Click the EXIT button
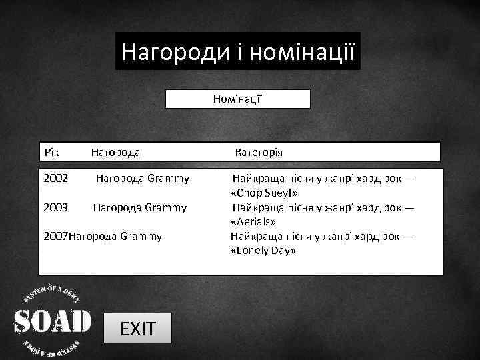pyautogui.click(x=137, y=328)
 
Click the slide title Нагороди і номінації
pyautogui.click(x=237, y=51)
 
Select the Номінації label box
pyautogui.click(x=238, y=99)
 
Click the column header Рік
pyautogui.click(x=52, y=152)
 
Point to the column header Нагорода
pyautogui.click(x=115, y=152)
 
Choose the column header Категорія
pyautogui.click(x=259, y=152)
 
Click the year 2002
pyautogui.click(x=55, y=179)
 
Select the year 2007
pyautogui.click(x=55, y=235)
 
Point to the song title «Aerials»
pyautogui.click(x=253, y=221)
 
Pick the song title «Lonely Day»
pyautogui.click(x=263, y=250)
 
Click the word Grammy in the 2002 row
pyautogui.click(x=168, y=179)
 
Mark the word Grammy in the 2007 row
pyautogui.click(x=141, y=235)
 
